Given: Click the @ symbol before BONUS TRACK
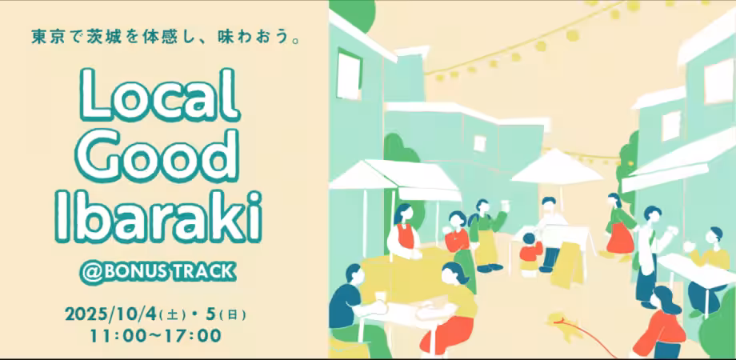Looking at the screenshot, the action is tap(89, 273).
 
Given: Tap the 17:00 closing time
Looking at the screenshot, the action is tap(193, 336).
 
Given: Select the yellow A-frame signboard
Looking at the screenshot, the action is tap(569, 264).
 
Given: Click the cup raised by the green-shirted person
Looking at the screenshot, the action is tap(505, 205).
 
